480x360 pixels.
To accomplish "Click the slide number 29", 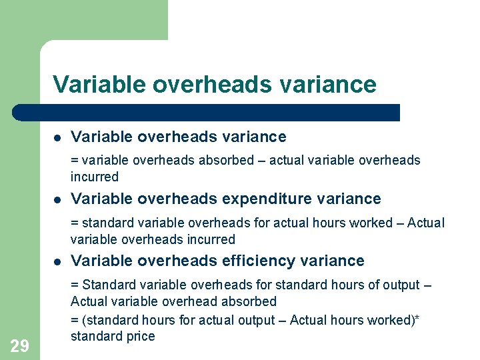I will coord(19,345).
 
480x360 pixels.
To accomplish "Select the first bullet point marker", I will coord(58,138).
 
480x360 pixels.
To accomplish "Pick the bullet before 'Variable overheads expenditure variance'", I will coord(58,199).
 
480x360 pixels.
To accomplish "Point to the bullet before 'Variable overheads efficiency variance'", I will coord(58,261).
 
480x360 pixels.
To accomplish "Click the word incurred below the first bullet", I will coord(94,177).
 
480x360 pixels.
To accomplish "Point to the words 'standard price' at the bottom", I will coord(112,336).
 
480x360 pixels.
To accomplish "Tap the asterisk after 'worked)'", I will coord(417,319).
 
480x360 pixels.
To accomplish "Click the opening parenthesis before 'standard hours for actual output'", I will coord(83,320).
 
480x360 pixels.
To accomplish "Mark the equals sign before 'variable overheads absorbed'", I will coord(74,161).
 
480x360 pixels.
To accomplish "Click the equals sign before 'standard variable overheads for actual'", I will coord(74,223).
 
